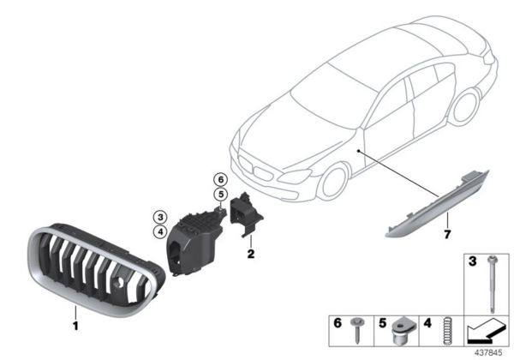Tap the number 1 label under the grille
[75, 326]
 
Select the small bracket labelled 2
[246, 213]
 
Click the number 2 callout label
[251, 254]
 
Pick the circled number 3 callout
[160, 217]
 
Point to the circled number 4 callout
[160, 232]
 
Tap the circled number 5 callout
[221, 195]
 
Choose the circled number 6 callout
[221, 179]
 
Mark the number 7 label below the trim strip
[447, 234]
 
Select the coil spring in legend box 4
[446, 331]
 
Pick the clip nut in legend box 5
[401, 330]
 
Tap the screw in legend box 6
[356, 329]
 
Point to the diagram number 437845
[488, 353]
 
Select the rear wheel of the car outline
[465, 107]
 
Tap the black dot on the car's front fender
[359, 151]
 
